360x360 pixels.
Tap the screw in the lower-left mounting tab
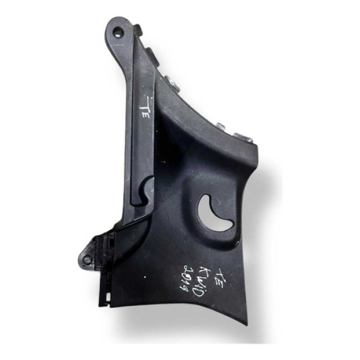click(x=88, y=260)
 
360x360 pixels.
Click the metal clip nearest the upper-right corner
click(x=244, y=138)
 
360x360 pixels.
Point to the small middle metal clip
click(x=221, y=126)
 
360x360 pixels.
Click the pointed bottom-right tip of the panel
click(x=245, y=323)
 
